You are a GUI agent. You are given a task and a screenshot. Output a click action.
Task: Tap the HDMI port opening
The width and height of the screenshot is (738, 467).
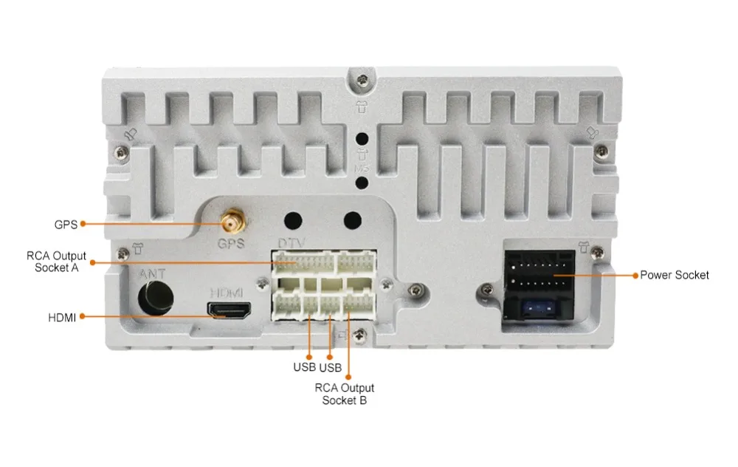[x=230, y=310]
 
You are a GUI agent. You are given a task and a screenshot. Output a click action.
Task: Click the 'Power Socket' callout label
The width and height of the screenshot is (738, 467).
[x=674, y=275]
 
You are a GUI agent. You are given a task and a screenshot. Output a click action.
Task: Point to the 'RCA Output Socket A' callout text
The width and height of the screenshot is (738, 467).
[x=57, y=262]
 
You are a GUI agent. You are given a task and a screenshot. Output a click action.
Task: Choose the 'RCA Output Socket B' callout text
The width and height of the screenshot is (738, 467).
[x=345, y=394]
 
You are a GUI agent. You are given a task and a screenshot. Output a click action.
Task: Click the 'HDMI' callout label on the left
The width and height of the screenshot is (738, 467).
[x=62, y=318]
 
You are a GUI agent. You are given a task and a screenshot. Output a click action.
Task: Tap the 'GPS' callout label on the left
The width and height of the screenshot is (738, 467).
[x=66, y=224]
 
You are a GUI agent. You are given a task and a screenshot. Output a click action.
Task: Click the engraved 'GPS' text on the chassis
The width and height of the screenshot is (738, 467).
[x=230, y=243]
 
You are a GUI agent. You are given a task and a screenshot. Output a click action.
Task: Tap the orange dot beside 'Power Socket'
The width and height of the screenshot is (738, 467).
[x=635, y=275]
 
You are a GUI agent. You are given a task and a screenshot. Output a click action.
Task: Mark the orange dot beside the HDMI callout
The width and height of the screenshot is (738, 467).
[x=83, y=318]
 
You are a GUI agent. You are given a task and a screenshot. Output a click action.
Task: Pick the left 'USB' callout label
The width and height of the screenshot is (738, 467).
[x=304, y=367]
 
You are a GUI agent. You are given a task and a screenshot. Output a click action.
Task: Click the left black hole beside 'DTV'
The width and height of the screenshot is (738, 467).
[x=294, y=220]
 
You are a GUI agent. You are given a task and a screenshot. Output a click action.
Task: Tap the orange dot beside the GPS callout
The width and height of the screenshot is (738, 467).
[x=83, y=224]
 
